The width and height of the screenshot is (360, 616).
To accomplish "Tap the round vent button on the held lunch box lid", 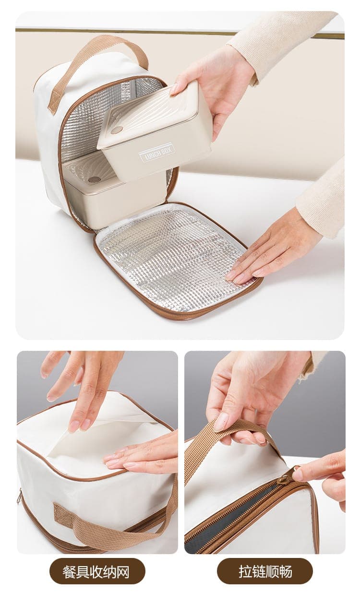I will pyautogui.click(x=116, y=130).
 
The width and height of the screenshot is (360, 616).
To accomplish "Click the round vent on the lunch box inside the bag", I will pyautogui.click(x=94, y=179).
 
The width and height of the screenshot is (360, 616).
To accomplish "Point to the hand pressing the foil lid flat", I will pyautogui.click(x=276, y=249).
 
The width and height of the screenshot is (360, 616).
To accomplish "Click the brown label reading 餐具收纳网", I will pyautogui.click(x=97, y=571).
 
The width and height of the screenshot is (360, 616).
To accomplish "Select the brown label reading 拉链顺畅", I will pyautogui.click(x=265, y=571).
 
